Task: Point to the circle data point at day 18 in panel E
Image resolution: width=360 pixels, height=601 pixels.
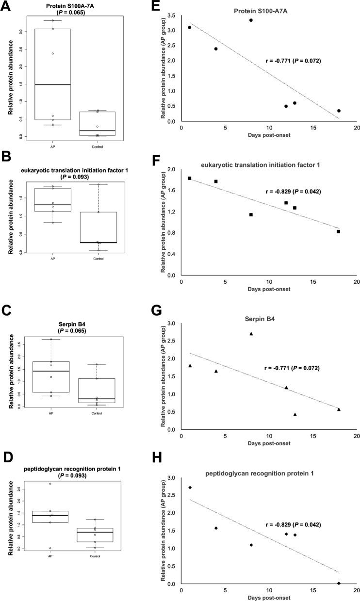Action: click(x=339, y=111)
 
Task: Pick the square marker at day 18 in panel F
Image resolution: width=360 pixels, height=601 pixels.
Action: click(x=339, y=231)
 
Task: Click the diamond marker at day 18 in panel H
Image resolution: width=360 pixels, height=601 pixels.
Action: click(x=339, y=583)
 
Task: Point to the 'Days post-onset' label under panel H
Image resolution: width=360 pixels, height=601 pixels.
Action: click(x=268, y=597)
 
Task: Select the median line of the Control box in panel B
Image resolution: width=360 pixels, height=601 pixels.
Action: click(x=98, y=242)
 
